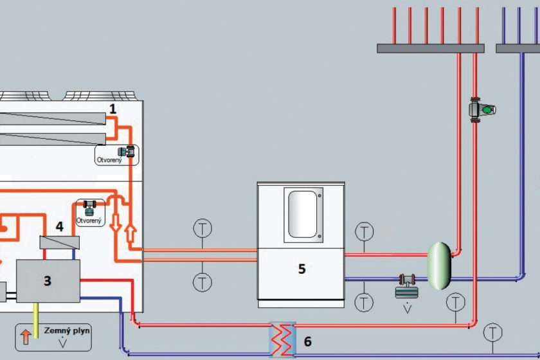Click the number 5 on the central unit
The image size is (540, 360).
(x=301, y=269)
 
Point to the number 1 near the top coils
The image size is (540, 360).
(x=113, y=110)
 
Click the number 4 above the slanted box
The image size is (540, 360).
(x=59, y=227)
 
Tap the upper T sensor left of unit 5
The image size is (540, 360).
(x=203, y=228)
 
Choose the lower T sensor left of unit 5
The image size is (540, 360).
(x=203, y=281)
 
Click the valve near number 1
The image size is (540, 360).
(x=130, y=152)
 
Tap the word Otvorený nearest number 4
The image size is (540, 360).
(x=89, y=221)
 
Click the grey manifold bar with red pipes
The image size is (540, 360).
(x=430, y=48)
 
